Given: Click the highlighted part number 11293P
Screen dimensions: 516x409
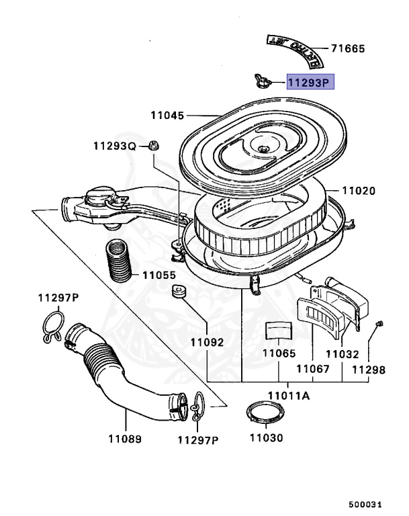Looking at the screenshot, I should click(x=310, y=83).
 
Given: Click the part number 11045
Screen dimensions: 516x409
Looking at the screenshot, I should click(x=167, y=116).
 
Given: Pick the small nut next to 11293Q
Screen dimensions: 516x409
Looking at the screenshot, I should click(x=153, y=144).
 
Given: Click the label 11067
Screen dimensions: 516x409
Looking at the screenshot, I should click(x=314, y=368).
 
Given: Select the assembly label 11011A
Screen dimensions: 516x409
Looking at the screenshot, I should click(x=289, y=396).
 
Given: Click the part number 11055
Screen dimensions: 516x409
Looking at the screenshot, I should click(x=158, y=275).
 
